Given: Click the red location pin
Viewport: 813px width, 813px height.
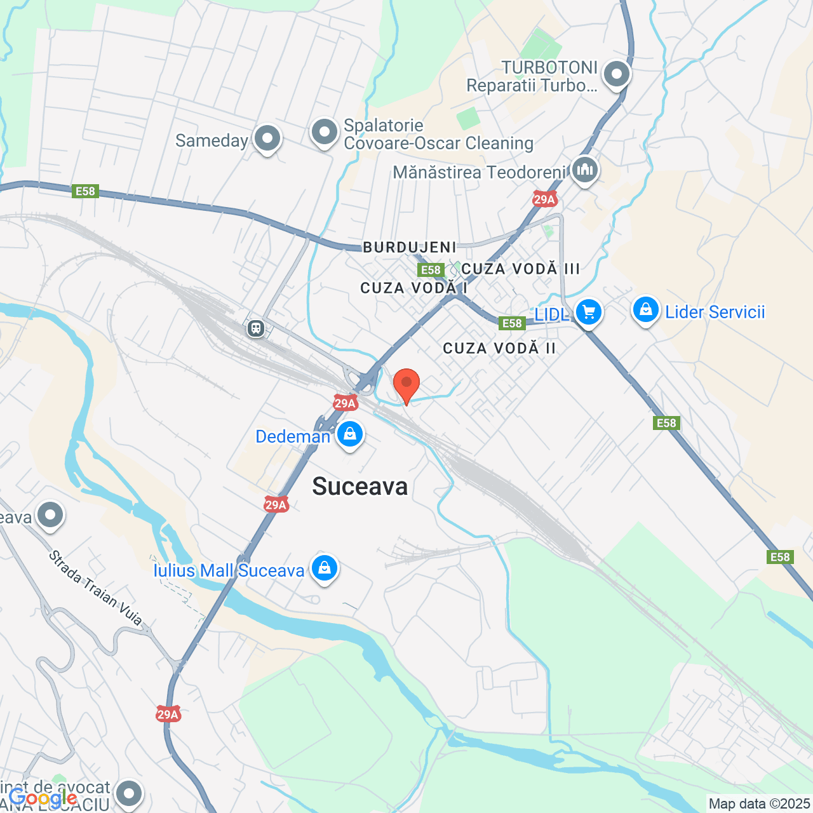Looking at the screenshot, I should (406, 385).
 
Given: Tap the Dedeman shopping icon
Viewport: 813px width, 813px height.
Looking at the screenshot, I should (349, 434).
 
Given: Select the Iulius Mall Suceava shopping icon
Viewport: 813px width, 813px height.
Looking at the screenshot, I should (325, 568).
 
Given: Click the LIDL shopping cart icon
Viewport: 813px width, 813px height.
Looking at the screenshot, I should (588, 312).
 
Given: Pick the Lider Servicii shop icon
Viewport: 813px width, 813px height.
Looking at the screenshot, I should (645, 310).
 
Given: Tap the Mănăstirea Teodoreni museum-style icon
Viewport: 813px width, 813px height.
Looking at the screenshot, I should (584, 170).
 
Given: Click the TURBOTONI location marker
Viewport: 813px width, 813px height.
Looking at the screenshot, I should (616, 74).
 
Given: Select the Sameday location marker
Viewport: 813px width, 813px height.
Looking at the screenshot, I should (267, 138).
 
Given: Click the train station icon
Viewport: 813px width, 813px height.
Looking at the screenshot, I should (256, 328).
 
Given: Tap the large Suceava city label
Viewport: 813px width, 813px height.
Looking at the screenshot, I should (360, 487).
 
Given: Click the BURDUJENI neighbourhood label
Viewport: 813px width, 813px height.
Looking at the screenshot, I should (410, 247).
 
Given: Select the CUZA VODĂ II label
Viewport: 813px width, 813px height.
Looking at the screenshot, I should (499, 348).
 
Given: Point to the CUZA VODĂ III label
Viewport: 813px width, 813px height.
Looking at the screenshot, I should (521, 269).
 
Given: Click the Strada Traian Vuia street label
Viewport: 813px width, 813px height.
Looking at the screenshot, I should (95, 588).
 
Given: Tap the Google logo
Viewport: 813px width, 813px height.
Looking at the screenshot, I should (43, 798).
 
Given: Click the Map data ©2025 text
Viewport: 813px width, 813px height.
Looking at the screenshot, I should (760, 803).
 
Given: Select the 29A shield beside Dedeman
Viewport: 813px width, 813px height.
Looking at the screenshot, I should (345, 403).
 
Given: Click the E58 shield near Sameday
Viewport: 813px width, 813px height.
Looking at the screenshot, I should (85, 191).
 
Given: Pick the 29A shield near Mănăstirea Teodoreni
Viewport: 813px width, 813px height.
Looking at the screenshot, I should (544, 199).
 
